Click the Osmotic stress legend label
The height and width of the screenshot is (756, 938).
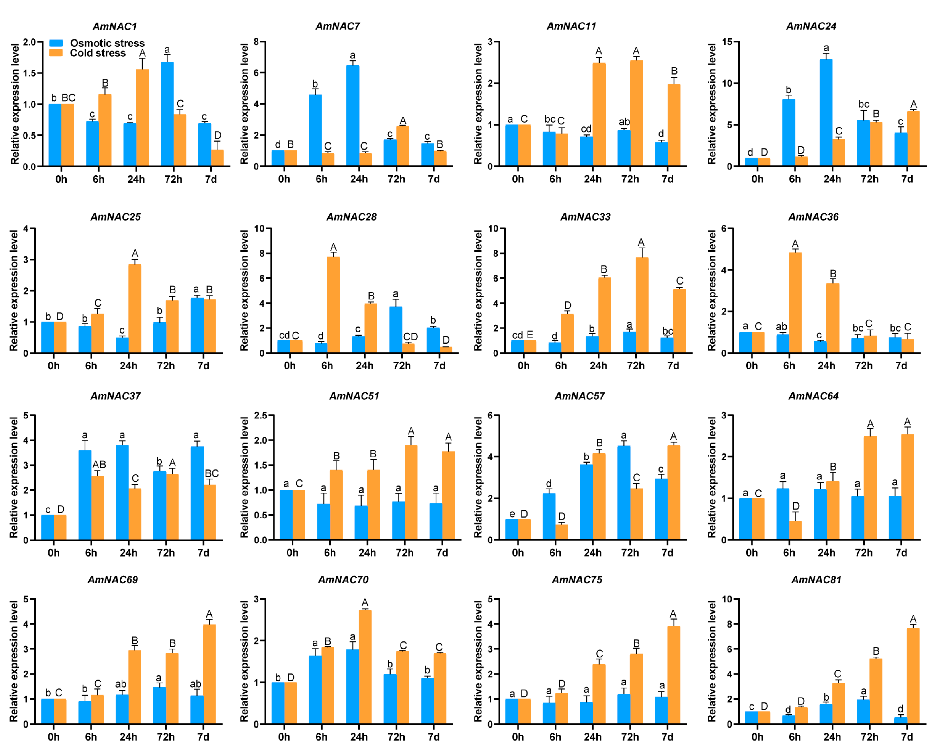(107, 43)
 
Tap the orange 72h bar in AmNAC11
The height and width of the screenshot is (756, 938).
(636, 113)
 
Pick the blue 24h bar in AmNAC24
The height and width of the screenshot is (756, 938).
(826, 112)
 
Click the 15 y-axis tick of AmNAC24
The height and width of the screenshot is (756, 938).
(726, 42)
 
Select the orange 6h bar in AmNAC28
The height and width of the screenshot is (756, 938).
(333, 305)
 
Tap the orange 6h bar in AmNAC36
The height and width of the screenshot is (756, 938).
(795, 303)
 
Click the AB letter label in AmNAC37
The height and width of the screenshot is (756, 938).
(99, 465)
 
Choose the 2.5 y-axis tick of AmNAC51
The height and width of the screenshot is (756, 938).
(261, 415)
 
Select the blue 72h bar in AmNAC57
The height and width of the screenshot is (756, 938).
(624, 493)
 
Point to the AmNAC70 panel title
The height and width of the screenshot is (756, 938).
(343, 580)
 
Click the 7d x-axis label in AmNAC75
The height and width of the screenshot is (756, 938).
(667, 737)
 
